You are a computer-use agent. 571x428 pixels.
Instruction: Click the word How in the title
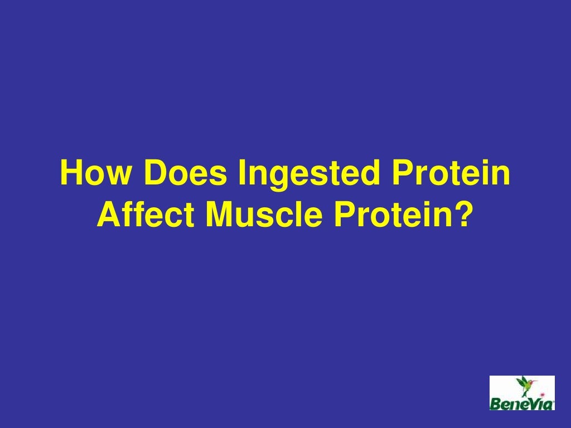(98, 174)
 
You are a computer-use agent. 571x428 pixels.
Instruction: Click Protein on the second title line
(393, 215)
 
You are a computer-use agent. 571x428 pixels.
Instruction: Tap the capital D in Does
(154, 174)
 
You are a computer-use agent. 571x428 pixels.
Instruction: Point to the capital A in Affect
(107, 215)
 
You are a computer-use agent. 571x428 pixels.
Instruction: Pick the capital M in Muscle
(219, 215)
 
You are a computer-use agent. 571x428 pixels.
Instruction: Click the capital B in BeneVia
(496, 403)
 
